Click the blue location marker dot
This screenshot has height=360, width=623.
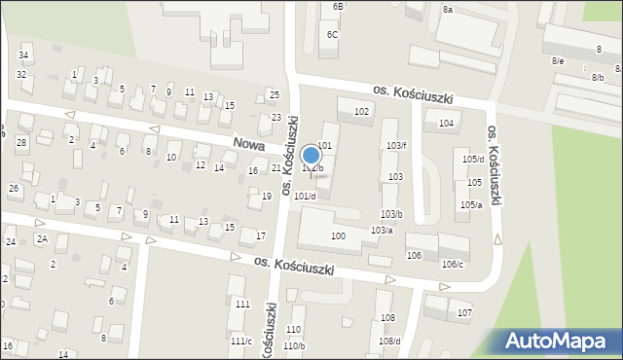click(311, 155)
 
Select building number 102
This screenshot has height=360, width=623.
click(361, 112)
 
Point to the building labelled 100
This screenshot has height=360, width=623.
click(338, 236)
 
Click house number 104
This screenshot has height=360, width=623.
click(447, 124)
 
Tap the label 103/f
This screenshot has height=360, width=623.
click(396, 145)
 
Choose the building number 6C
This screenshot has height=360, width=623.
click(333, 35)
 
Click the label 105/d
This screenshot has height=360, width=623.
click(473, 159)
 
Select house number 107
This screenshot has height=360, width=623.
click(464, 312)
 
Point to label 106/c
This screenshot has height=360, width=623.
click(453, 265)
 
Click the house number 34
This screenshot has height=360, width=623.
click(22, 55)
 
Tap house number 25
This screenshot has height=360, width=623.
click(275, 94)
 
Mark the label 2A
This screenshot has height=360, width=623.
click(42, 238)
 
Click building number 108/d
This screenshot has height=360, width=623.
click(389, 341)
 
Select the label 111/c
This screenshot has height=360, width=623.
click(240, 341)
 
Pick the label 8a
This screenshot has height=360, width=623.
click(448, 9)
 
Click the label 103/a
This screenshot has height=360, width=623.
click(382, 230)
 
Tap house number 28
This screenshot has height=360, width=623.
click(20, 143)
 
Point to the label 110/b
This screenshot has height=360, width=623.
click(294, 345)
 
